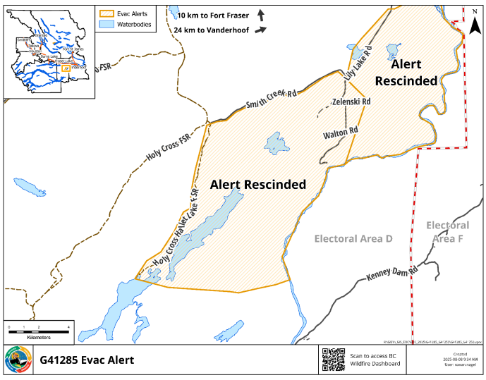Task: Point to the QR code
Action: [334, 360]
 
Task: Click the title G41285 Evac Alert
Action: [87, 360]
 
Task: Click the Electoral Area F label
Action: [447, 232]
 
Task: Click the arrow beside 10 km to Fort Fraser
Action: [261, 15]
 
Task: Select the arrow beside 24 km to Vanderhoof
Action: [261, 30]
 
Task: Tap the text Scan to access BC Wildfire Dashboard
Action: [375, 360]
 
